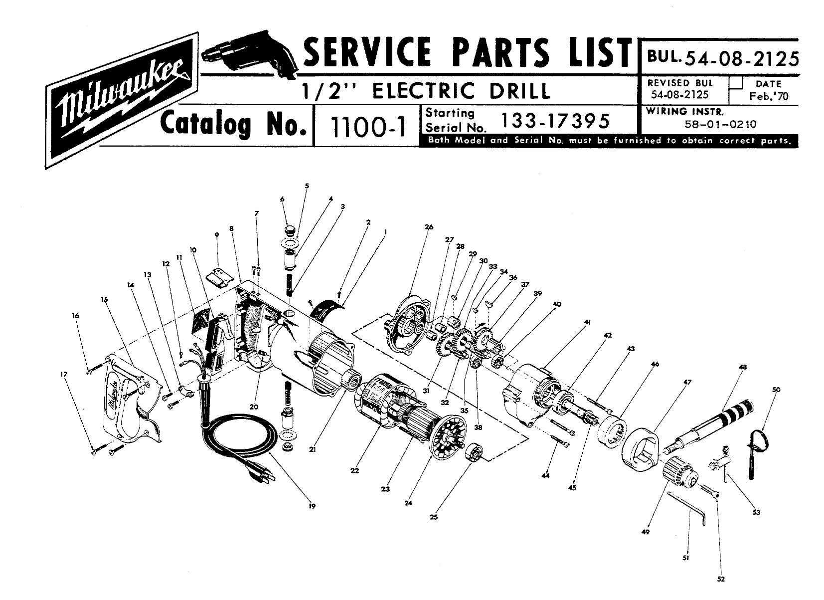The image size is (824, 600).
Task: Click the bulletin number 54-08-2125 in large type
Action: point(742,59)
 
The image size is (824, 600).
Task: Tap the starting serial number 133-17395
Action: point(556,121)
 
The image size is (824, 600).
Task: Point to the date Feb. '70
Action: point(769,96)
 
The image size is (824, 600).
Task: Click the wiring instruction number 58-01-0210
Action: point(720,124)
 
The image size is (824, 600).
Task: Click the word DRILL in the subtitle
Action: point(519,91)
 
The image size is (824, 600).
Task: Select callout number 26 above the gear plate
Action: point(429,227)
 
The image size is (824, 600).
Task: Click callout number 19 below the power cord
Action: point(312,507)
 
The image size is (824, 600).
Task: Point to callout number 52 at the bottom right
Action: point(721,579)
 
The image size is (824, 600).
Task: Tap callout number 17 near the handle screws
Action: point(64,375)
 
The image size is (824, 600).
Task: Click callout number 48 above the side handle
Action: point(743,367)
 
